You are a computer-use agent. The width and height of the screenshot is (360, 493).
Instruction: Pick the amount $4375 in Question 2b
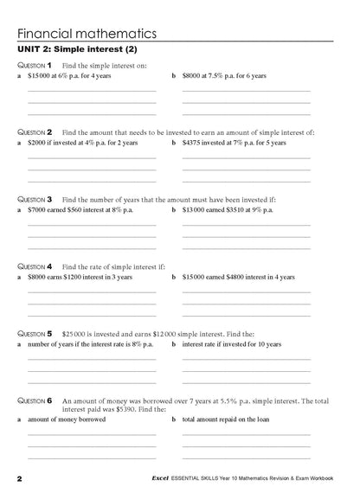pyautogui.click(x=194, y=142)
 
